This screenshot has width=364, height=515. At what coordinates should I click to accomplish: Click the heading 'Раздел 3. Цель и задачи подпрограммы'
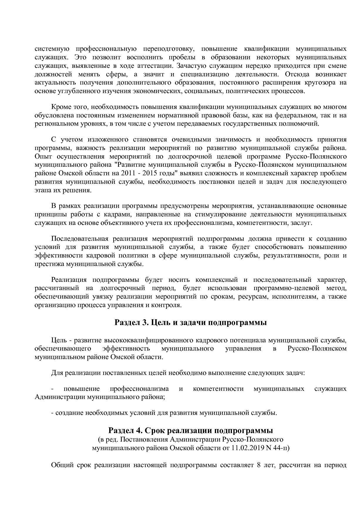point(190,322)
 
